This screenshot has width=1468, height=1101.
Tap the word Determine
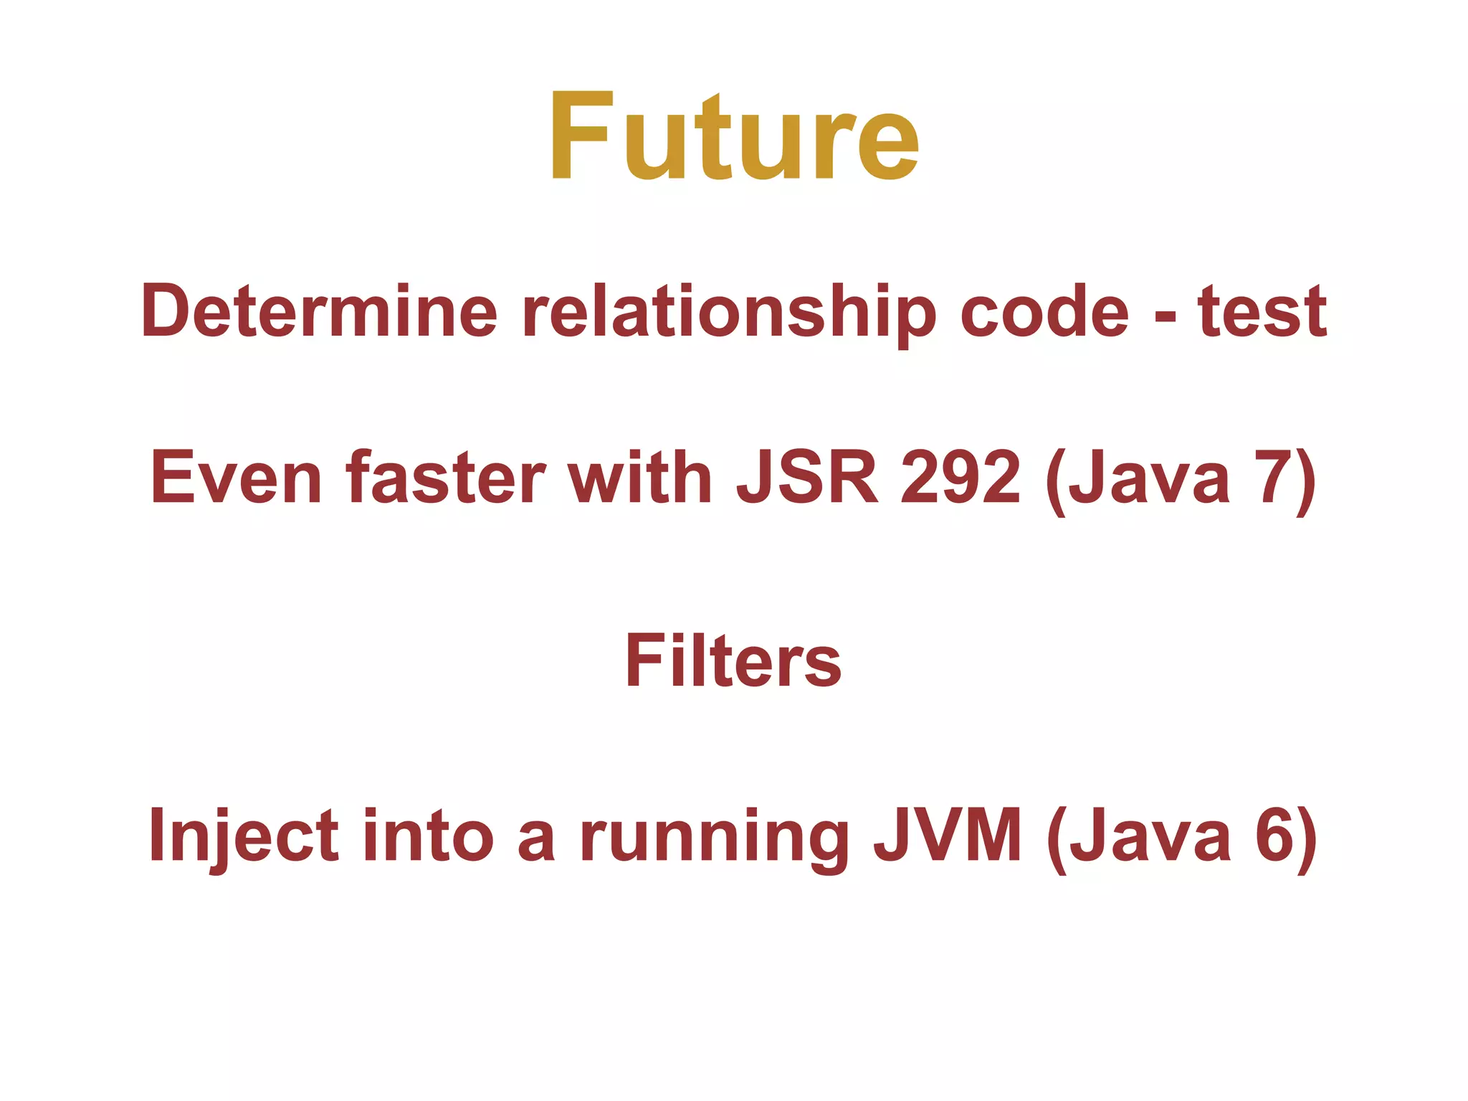319,311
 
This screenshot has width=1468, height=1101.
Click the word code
1044,311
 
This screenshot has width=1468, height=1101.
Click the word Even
237,477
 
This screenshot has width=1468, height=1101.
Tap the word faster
445,477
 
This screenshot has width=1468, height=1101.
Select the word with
640,477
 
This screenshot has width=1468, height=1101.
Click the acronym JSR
807,477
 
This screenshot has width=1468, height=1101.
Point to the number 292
961,477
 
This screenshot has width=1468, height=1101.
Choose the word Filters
733,661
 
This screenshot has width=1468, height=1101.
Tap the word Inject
244,836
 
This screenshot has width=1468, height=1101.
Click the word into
428,836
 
